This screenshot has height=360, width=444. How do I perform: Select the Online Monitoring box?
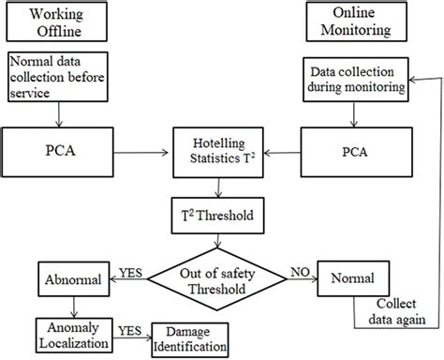(x=348, y=24)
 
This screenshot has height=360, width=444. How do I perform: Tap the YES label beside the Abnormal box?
(x=132, y=272)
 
